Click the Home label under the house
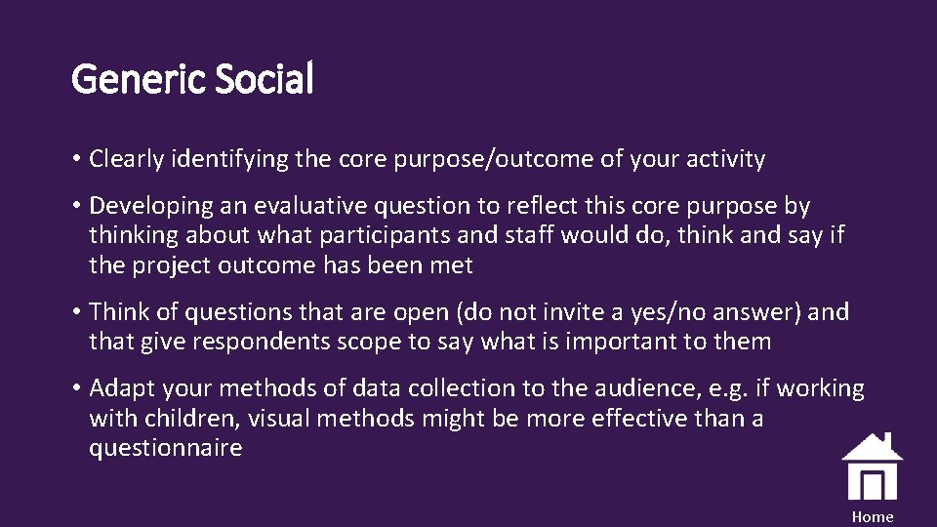pos(872,517)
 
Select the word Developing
pos(150,206)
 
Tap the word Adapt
pos(122,388)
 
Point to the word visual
pos(279,419)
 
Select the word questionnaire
pos(165,448)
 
